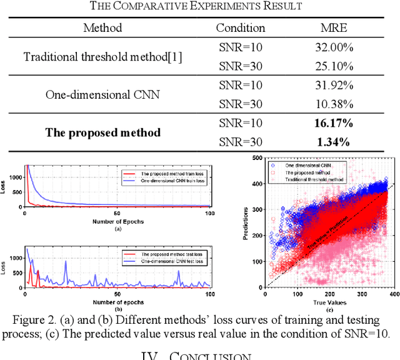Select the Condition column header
(240, 27)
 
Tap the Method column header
(102, 27)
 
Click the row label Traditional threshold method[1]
(102, 56)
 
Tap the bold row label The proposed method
(102, 132)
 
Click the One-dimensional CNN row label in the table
(102, 94)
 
